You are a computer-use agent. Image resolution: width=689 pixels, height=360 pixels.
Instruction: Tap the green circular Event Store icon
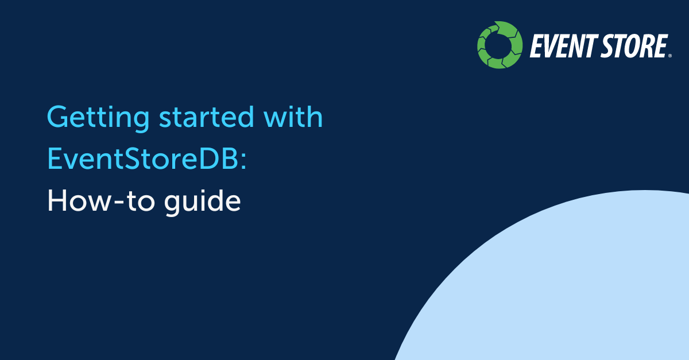coord(500,45)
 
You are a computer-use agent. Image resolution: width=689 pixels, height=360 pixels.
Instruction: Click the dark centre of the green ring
coord(500,45)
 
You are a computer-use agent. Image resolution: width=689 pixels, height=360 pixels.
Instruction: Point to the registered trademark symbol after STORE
coord(669,56)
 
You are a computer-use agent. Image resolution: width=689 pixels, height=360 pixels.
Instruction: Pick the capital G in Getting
coord(59,117)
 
